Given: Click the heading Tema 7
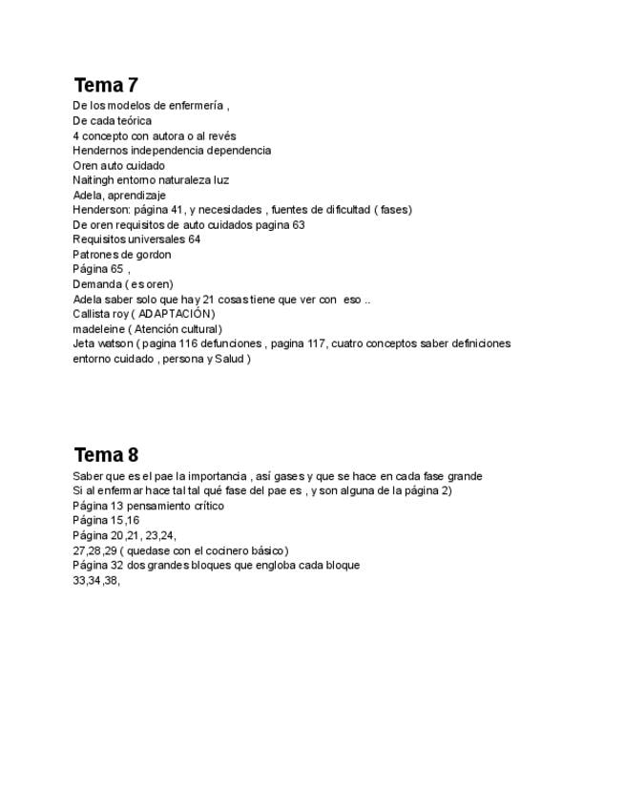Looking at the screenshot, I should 106,85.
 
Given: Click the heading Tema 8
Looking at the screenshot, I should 106,454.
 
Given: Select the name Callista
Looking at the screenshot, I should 92,314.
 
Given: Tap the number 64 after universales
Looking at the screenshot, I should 194,239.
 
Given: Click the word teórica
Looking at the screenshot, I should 133,121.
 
